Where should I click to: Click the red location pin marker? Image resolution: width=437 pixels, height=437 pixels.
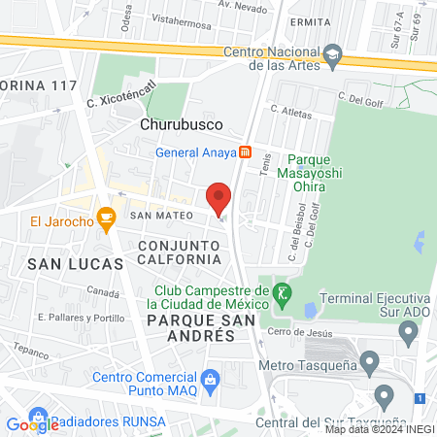tap(219, 199)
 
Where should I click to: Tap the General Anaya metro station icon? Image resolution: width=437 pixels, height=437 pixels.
tap(247, 151)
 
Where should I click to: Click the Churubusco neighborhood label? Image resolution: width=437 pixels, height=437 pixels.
tap(182, 125)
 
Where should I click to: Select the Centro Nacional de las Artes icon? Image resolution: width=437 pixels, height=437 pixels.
tap(333, 52)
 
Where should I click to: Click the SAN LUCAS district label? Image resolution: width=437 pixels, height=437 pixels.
tap(75, 263)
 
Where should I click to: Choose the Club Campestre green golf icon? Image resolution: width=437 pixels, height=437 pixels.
tap(282, 291)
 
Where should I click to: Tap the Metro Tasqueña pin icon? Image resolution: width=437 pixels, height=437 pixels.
tap(369, 364)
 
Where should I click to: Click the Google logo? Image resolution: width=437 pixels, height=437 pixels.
tap(32, 423)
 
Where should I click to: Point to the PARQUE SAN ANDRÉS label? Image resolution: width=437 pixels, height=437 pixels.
tap(190, 326)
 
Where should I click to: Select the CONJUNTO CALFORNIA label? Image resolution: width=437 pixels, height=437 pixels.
tap(178, 252)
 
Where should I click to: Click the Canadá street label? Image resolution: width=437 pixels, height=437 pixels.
tap(101, 291)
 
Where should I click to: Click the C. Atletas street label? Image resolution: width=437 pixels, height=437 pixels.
tap(292, 110)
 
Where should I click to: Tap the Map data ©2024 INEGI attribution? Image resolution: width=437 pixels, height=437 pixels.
tap(379, 428)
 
